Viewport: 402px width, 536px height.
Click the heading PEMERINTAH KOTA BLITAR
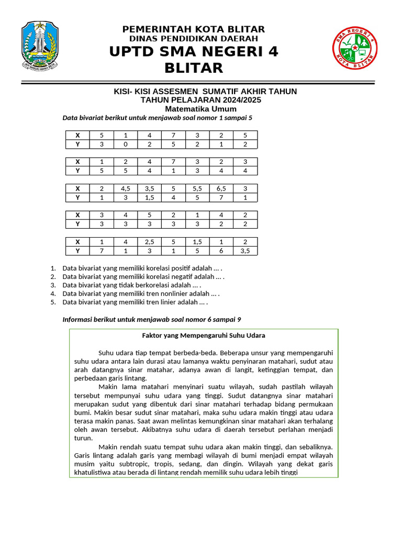(194, 29)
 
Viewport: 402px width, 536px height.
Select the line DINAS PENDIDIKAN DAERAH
(194, 39)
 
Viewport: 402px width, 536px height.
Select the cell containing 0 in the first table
(125, 144)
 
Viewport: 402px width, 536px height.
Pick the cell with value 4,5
(125, 188)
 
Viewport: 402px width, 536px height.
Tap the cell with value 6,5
(221, 188)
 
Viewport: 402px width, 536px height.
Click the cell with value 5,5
(197, 188)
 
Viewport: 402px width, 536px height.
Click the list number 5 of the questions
(53, 302)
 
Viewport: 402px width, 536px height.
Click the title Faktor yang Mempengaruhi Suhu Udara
(204, 335)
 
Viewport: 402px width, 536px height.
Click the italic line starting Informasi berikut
(152, 319)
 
